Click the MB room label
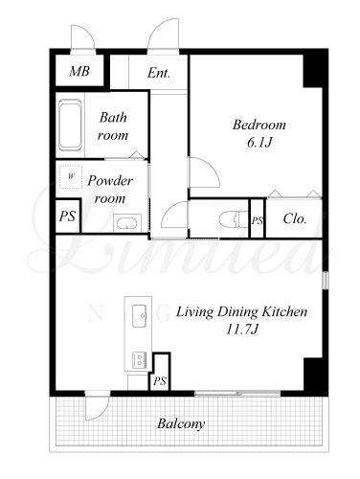[79, 71]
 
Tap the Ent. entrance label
[159, 73]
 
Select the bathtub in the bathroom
[70, 125]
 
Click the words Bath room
[113, 126]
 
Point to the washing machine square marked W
[71, 176]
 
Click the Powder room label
[110, 190]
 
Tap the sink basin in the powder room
[127, 223]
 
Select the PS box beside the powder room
[67, 216]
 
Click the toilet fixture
[234, 219]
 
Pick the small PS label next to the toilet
[258, 220]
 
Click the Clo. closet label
[295, 218]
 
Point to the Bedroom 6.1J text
[259, 133]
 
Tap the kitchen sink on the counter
[140, 315]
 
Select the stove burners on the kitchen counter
[140, 360]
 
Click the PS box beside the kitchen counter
[160, 372]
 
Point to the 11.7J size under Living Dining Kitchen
[241, 329]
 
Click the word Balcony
[181, 424]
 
